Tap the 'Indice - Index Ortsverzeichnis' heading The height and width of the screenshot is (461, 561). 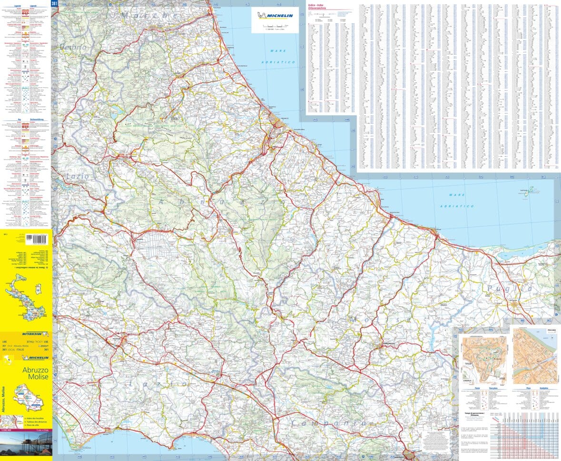pos(319,6)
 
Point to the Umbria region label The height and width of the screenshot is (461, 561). pos(73,48)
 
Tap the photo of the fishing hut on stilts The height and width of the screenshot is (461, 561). pos(26,443)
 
